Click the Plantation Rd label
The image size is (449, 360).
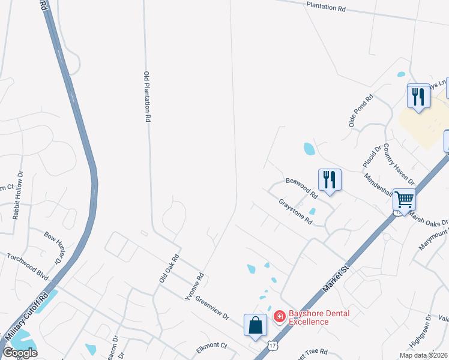coord(326,9)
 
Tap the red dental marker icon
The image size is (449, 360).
coord(279,316)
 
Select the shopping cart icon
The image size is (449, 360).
coord(405,199)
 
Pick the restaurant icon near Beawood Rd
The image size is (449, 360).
coord(330,180)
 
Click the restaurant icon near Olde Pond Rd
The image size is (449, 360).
coord(418,97)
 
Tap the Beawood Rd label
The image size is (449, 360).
coord(301,188)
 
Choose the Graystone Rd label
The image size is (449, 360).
coord(296,212)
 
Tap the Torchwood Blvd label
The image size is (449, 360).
coord(27,264)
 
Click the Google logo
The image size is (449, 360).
coord(19,352)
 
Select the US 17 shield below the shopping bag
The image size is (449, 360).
coord(273,346)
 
